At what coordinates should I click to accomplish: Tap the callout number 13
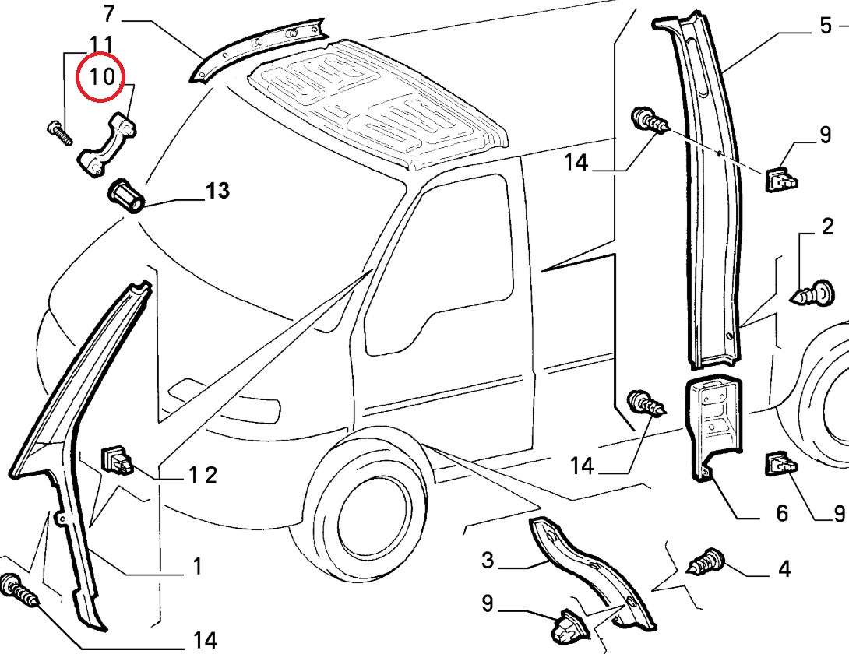click(x=218, y=190)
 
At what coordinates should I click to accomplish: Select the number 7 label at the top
click(x=108, y=13)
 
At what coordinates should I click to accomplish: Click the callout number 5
click(x=826, y=26)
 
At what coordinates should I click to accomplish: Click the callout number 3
click(x=488, y=559)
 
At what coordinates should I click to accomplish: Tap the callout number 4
click(x=784, y=569)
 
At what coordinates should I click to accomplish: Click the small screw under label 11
click(x=59, y=132)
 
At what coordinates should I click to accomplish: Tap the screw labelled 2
click(x=810, y=294)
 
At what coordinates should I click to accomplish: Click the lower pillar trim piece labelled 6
click(x=713, y=424)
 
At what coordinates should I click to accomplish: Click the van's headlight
click(x=234, y=407)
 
